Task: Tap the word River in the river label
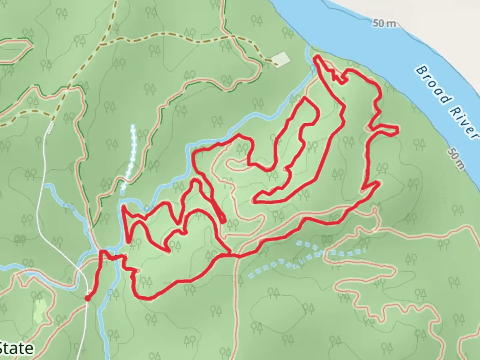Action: pos(462,121)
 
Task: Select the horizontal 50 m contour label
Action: pos(384,23)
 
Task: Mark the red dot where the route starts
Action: pos(87,298)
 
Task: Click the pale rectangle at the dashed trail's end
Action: pos(280,59)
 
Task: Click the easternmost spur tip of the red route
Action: pos(397,130)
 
